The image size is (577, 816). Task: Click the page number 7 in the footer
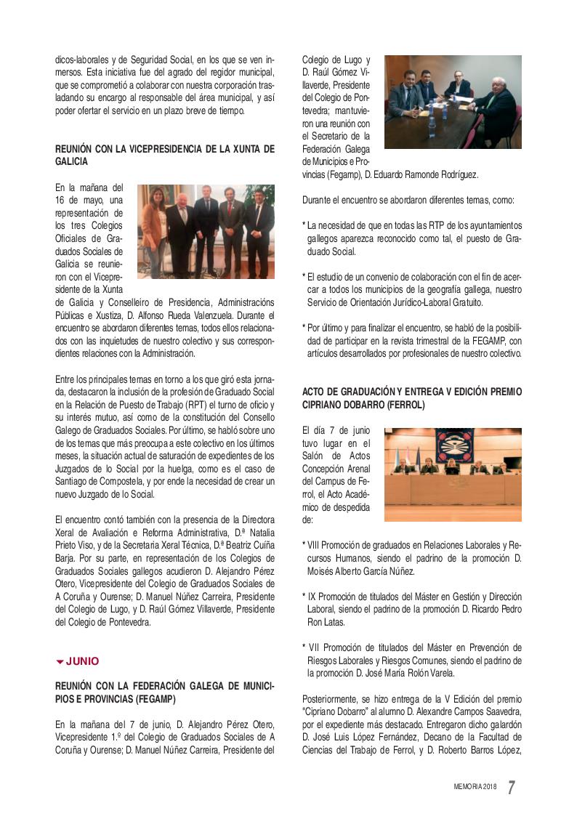click(512, 787)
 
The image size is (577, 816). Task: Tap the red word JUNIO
click(82, 661)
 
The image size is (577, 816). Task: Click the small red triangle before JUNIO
click(60, 662)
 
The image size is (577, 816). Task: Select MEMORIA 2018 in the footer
click(475, 788)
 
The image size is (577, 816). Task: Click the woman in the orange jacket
click(153, 229)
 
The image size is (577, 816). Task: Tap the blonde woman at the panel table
click(451, 466)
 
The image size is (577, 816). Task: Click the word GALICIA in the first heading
click(72, 161)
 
